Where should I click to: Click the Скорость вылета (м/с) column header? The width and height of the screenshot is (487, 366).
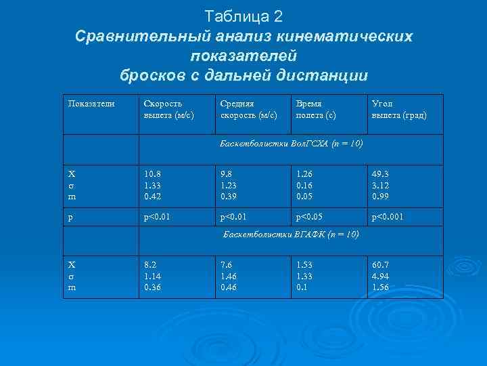168,109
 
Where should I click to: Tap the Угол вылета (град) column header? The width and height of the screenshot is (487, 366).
399,109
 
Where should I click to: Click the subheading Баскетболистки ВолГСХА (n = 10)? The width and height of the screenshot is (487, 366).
292,144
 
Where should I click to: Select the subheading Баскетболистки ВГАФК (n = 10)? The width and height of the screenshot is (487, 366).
292,235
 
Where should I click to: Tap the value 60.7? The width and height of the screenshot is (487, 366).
380,265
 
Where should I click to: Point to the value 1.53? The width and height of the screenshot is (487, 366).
304,265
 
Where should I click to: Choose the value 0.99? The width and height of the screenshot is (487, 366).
380,197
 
